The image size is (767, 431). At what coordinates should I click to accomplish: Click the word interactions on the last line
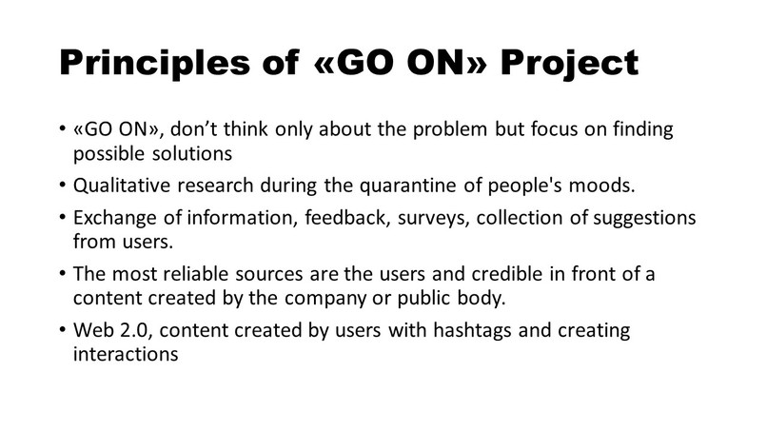click(x=123, y=354)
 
